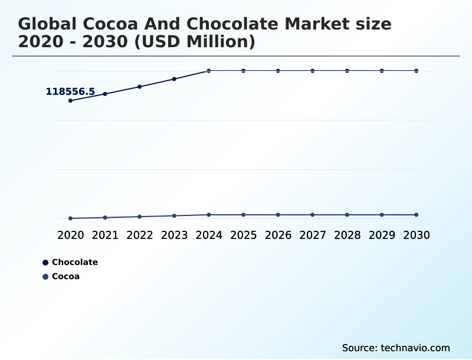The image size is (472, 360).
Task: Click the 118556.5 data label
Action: click(70, 91)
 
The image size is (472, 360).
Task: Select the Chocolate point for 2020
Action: click(70, 100)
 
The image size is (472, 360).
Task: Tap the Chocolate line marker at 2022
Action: click(140, 87)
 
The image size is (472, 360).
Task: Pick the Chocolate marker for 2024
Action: click(209, 71)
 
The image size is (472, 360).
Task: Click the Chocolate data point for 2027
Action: click(313, 71)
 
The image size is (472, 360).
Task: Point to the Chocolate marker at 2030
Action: click(417, 71)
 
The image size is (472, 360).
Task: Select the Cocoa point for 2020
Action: click(70, 218)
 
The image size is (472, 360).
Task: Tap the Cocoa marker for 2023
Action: click(174, 216)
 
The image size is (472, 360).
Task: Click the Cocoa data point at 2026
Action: click(278, 215)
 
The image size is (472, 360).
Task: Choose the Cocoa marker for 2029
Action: click(382, 215)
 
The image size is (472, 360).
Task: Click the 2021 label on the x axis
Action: click(105, 235)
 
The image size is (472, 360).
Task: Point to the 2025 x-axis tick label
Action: click(243, 235)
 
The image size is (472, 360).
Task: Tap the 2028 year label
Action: click(347, 235)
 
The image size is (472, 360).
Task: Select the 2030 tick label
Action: click(417, 235)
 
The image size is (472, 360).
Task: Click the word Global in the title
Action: click(47, 25)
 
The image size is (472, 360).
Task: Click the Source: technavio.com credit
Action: click(396, 348)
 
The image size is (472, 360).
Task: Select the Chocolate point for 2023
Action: click(174, 79)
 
